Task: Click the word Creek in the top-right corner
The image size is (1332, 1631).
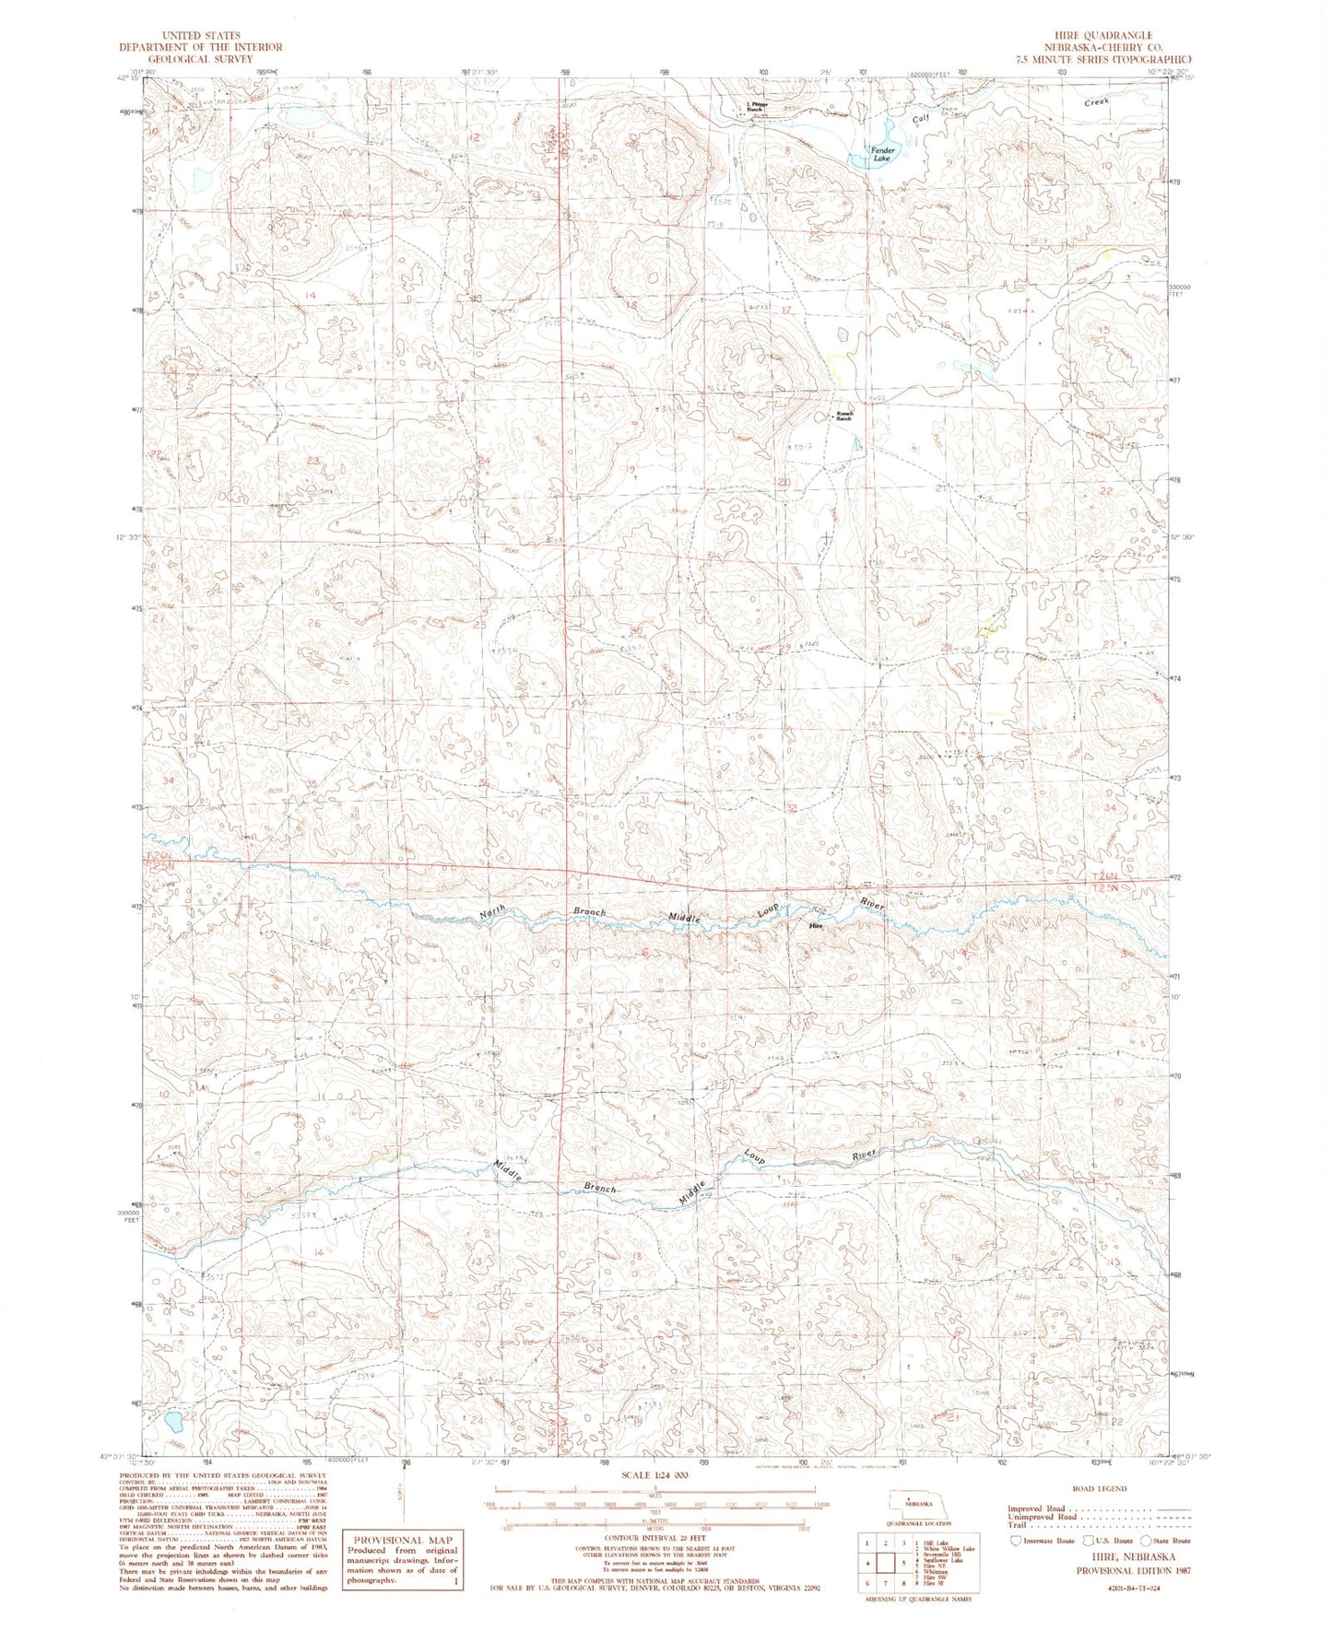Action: (x=1096, y=101)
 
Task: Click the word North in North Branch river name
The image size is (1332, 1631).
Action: (x=492, y=914)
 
